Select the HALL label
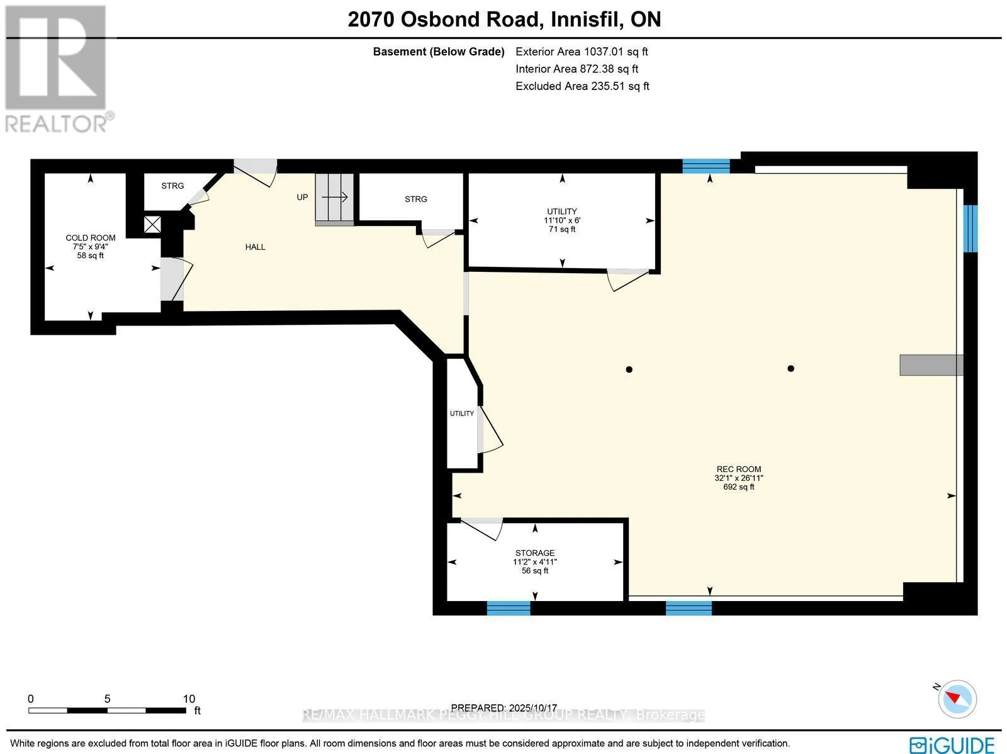click(x=255, y=247)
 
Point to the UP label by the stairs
click(x=302, y=197)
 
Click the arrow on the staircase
click(x=334, y=197)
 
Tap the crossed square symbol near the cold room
click(x=152, y=224)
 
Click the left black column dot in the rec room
click(x=629, y=369)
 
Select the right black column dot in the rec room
click(x=790, y=368)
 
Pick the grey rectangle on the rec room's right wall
click(x=931, y=365)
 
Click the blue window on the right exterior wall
click(x=970, y=228)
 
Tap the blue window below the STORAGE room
click(x=509, y=608)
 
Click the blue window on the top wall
click(x=706, y=166)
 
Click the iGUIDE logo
click(x=952, y=745)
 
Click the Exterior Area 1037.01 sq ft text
click(x=582, y=52)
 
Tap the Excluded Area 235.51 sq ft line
click(x=582, y=86)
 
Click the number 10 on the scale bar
click(x=189, y=699)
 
